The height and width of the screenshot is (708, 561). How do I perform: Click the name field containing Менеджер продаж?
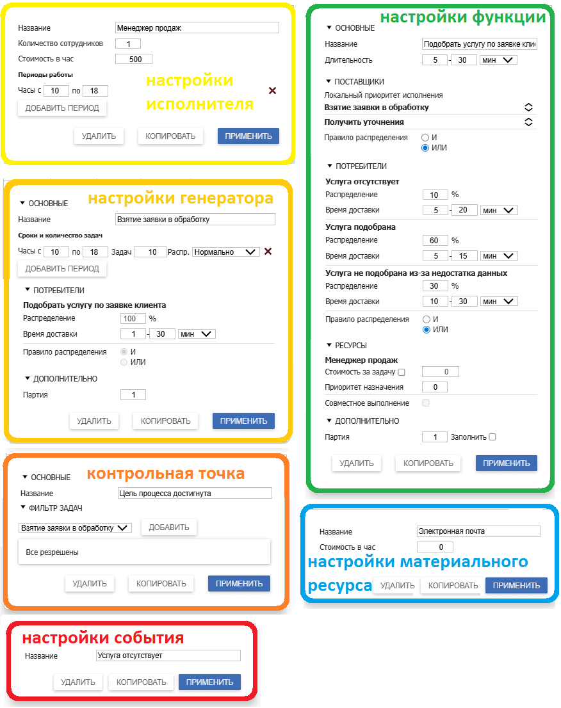[x=197, y=28]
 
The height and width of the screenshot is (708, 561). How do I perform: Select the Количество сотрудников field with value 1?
[x=128, y=44]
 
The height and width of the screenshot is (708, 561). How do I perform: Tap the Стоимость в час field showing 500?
[x=133, y=59]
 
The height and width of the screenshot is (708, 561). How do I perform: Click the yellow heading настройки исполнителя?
[x=199, y=92]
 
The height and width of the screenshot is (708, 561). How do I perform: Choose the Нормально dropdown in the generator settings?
[x=225, y=252]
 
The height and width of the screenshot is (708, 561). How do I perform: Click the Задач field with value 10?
[x=150, y=252]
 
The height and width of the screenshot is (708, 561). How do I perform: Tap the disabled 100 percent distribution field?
[x=133, y=318]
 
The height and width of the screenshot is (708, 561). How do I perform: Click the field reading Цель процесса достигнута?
[x=195, y=493]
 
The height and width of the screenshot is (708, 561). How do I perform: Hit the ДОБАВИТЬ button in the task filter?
[x=169, y=527]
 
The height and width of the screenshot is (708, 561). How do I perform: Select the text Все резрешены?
[x=53, y=552]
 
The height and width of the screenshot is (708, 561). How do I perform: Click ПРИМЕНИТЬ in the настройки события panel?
[x=209, y=682]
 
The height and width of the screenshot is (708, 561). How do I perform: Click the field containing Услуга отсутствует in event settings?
[x=168, y=656]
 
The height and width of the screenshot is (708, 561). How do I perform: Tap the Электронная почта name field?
[x=478, y=531]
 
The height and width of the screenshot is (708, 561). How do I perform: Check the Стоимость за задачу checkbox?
[x=402, y=372]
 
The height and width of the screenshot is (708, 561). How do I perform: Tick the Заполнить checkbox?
[x=492, y=437]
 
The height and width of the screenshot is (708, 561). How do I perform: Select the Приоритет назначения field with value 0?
[x=435, y=387]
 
